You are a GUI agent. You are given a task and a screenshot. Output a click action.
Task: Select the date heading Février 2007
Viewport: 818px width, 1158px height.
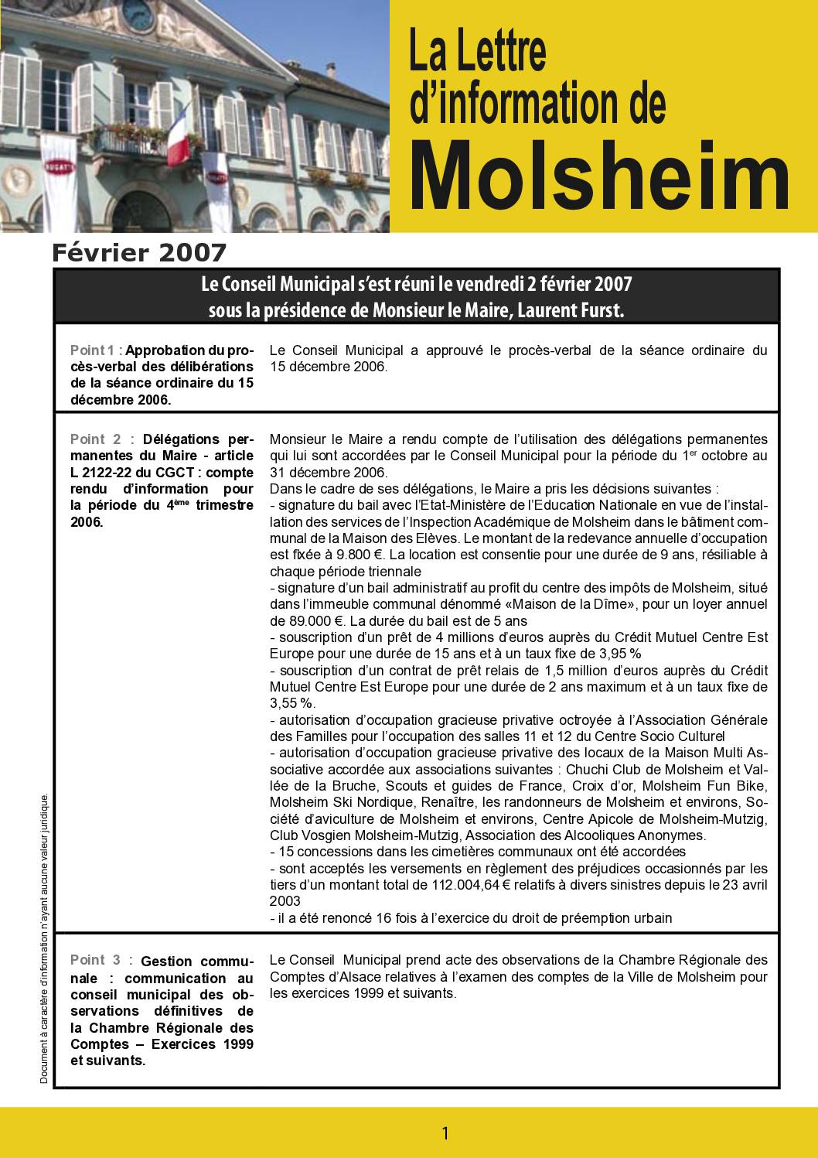(139, 252)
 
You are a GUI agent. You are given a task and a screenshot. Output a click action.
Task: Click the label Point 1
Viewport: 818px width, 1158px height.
(94, 350)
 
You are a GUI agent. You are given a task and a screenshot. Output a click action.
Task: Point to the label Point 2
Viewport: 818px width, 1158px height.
(95, 439)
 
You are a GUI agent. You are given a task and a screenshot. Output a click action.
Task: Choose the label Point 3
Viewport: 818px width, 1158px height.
(95, 960)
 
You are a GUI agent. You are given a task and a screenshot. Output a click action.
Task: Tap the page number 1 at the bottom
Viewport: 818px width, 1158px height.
(445, 1133)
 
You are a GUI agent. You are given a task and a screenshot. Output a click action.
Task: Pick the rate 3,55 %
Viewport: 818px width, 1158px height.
(291, 703)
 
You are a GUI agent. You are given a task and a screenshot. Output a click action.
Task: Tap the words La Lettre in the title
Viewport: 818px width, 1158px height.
(477, 52)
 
